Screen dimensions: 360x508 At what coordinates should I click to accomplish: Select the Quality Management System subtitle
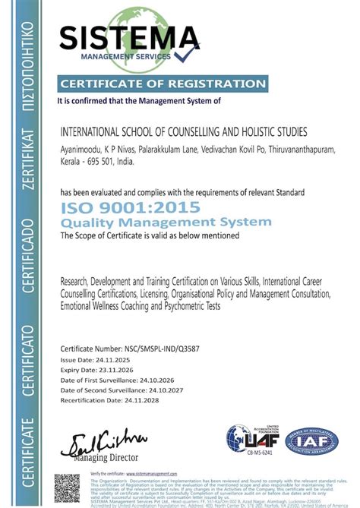165,222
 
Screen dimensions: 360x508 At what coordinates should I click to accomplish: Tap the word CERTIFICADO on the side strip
28,248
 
